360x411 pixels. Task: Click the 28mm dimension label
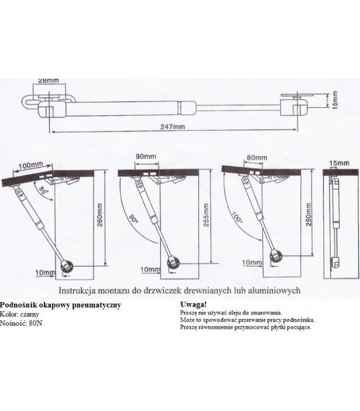tap(48, 81)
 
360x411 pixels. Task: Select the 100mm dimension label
tap(30, 165)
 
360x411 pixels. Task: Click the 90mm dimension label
tap(147, 156)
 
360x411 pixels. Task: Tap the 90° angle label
tap(134, 220)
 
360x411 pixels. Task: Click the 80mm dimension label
tap(257, 157)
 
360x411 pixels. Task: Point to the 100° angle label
tap(236, 219)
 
